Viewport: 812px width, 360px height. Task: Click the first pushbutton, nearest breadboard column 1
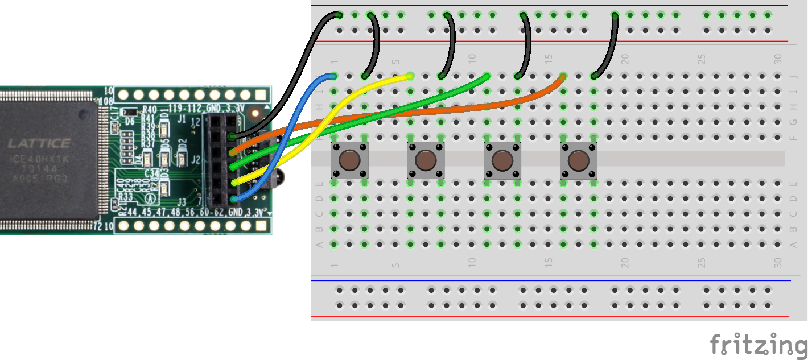pyautogui.click(x=349, y=160)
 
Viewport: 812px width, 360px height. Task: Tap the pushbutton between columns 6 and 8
pyautogui.click(x=426, y=160)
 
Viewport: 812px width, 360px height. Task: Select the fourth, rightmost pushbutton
pyautogui.click(x=579, y=160)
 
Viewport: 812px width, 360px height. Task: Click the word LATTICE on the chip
pyautogui.click(x=39, y=143)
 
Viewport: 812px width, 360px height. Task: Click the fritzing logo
pyautogui.click(x=759, y=345)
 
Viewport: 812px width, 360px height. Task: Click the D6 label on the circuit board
pyautogui.click(x=130, y=122)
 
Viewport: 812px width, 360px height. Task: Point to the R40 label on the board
pyautogui.click(x=149, y=109)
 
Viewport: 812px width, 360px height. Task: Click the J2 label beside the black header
pyautogui.click(x=196, y=160)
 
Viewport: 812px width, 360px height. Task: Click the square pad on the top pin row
pyautogui.click(x=261, y=95)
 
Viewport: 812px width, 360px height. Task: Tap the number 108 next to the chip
pyautogui.click(x=106, y=101)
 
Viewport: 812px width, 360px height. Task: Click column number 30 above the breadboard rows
pyautogui.click(x=778, y=59)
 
